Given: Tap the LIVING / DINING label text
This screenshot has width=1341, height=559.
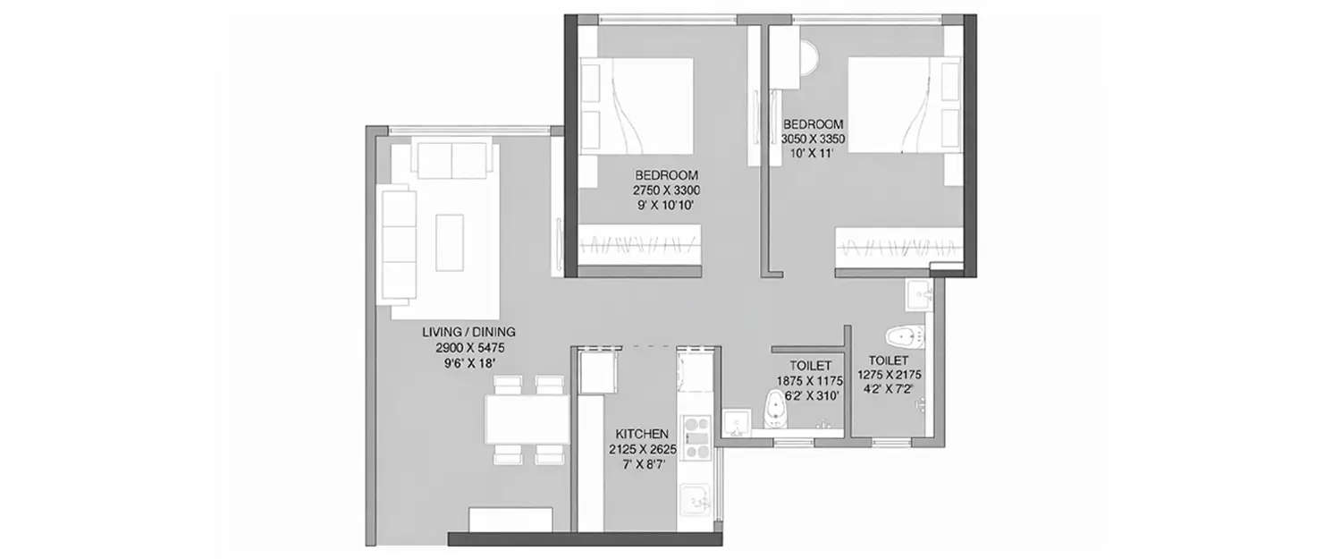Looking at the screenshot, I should pyautogui.click(x=468, y=332).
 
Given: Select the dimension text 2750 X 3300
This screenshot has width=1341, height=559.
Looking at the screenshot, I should pyautogui.click(x=666, y=191).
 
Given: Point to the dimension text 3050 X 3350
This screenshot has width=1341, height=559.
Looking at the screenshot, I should pyautogui.click(x=814, y=140).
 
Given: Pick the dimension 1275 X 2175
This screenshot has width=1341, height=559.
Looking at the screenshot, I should pyautogui.click(x=890, y=376).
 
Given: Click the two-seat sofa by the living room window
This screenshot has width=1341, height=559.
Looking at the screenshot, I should pyautogui.click(x=452, y=160).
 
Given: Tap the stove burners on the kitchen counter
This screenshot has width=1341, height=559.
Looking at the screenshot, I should pyautogui.click(x=696, y=437).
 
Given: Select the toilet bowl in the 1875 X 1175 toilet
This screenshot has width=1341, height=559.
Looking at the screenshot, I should pyautogui.click(x=776, y=409).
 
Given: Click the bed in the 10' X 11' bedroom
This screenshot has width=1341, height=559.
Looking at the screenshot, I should pyautogui.click(x=903, y=105).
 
